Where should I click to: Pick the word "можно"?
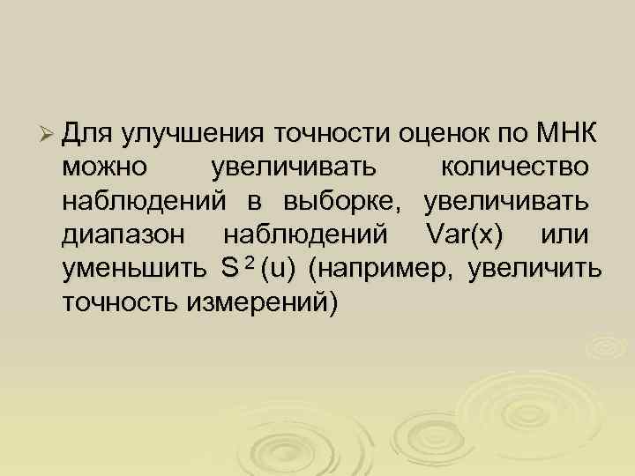(105, 167)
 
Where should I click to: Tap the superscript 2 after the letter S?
(250, 264)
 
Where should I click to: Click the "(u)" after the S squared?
(278, 268)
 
